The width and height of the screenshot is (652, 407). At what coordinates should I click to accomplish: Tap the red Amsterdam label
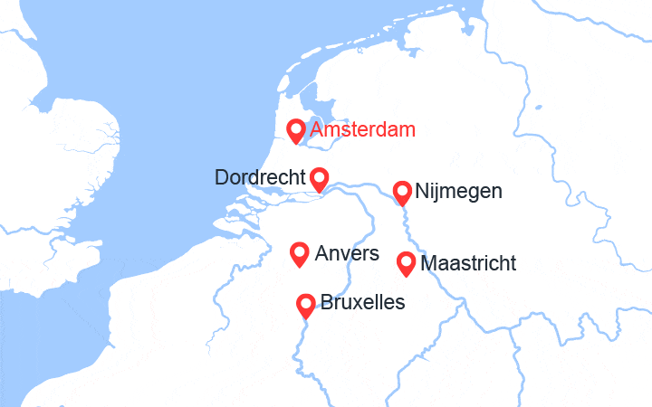tap(362, 130)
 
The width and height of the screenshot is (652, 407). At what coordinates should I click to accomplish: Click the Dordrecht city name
tap(259, 178)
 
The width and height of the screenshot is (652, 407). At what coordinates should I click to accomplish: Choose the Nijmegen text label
tap(458, 192)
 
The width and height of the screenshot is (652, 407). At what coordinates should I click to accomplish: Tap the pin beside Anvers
tap(299, 254)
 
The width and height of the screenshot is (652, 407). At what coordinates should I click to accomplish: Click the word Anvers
tap(347, 254)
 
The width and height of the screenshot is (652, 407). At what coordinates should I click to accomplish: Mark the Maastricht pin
tap(407, 263)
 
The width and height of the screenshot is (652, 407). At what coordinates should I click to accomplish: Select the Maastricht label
tap(469, 264)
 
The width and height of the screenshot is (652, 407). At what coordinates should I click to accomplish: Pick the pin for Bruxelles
tap(306, 305)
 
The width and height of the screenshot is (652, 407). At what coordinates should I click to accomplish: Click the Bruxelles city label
tap(363, 302)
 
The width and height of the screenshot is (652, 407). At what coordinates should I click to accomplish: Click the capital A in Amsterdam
tap(316, 130)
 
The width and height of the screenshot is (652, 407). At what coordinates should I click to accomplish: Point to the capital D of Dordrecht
tap(222, 178)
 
